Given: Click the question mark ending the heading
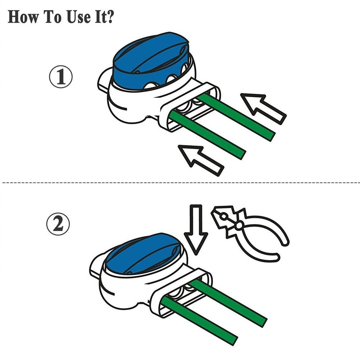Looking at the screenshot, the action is pyautogui.click(x=109, y=17).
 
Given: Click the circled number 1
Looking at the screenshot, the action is pyautogui.click(x=61, y=77).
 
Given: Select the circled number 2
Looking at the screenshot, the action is pyautogui.click(x=58, y=224).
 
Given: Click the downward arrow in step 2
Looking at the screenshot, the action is pyautogui.click(x=196, y=229).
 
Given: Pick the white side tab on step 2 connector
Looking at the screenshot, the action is pyautogui.click(x=96, y=264).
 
